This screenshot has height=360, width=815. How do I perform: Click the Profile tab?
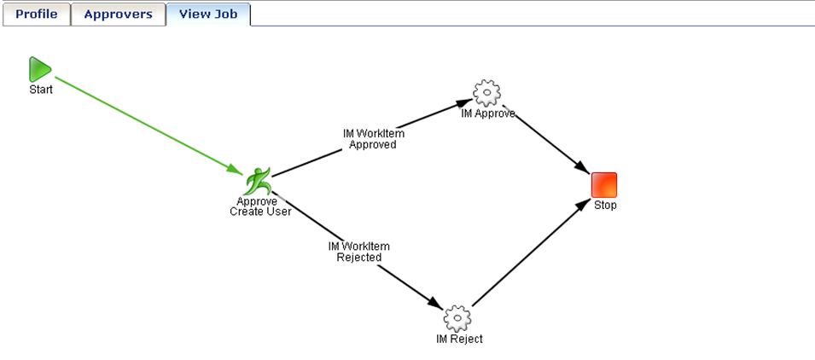pos(36,14)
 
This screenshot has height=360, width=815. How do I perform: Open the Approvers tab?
pos(118,14)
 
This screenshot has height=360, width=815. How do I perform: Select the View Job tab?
pos(208,14)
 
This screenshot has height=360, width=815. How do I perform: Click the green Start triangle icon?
pos(39,70)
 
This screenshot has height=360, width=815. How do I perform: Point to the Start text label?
pos(41,90)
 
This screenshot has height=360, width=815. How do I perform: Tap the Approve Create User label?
pos(260,206)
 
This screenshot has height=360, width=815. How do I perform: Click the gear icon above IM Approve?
pos(486,92)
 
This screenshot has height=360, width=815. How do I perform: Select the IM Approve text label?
pos(487,113)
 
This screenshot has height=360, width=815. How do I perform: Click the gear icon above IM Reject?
pos(457,318)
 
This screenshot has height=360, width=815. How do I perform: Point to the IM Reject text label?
pos(458,340)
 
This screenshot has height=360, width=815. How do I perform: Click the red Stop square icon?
pos(604,184)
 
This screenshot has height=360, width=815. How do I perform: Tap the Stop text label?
pos(605,205)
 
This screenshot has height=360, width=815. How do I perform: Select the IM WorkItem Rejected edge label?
pos(358,252)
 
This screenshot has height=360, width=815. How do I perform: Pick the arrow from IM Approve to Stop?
pos(550,140)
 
